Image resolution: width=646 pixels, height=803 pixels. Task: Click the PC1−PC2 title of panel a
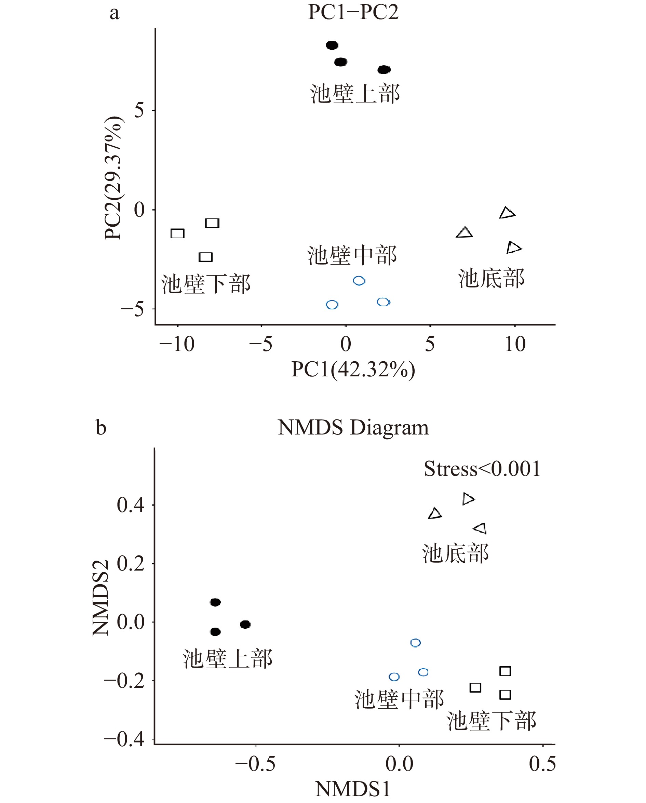coord(353,12)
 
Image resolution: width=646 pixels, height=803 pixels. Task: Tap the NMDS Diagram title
coord(353,428)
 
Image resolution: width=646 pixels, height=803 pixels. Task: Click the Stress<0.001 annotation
coord(482,469)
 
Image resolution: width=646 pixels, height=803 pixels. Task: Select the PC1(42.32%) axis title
coord(353,370)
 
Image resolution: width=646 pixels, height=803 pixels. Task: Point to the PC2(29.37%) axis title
coord(113,178)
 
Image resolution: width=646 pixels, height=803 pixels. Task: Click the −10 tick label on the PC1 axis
coord(176,344)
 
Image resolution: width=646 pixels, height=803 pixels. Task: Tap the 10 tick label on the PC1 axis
coord(515,344)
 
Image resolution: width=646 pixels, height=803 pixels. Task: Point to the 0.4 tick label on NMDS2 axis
coord(130,505)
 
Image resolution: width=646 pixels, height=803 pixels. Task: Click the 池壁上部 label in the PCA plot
coord(355,94)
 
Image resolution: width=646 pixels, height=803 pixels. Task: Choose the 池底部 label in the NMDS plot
coord(455,554)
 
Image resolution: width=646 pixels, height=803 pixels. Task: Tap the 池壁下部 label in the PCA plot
coord(205,284)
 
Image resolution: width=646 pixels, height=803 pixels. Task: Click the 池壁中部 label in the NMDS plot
coord(399,699)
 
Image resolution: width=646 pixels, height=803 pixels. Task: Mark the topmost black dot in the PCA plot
coord(332,45)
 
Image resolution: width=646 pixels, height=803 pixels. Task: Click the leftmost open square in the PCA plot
coord(178,233)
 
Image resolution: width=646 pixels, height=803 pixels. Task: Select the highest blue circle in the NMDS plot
coord(416,643)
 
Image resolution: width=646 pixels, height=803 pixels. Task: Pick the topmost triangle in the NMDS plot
coord(468,499)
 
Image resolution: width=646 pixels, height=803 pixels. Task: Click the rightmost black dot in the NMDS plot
coord(245,625)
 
